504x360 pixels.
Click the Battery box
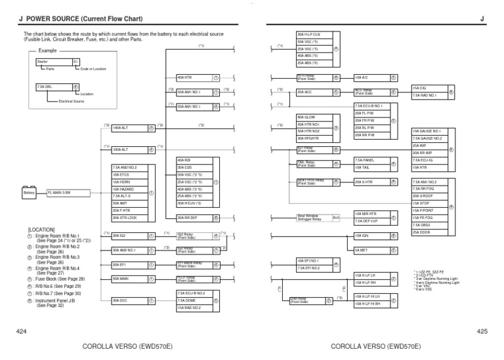(x=29, y=193)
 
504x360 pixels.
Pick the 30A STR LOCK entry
(x=128, y=217)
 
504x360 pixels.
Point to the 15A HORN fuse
(x=128, y=182)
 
